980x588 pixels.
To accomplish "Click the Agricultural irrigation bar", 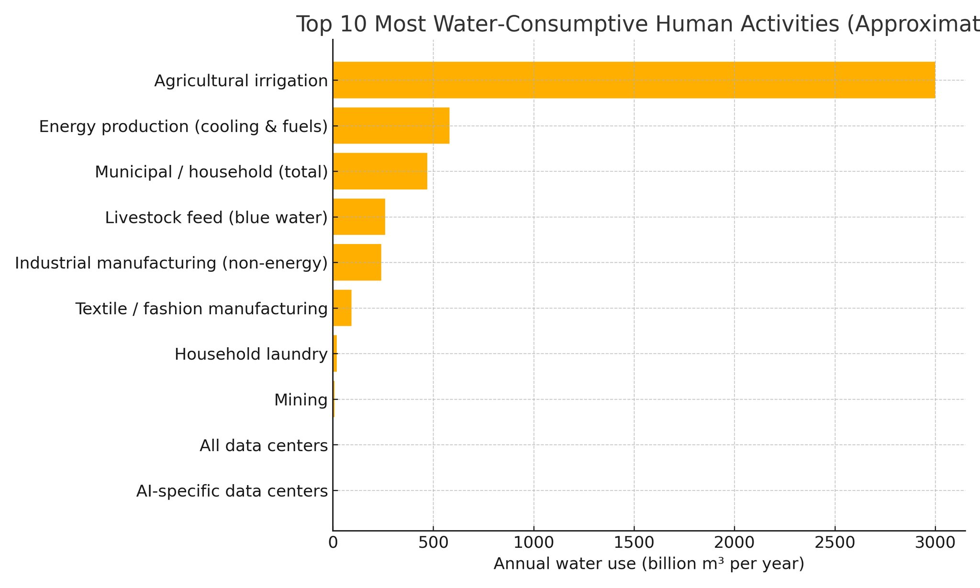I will [x=634, y=80].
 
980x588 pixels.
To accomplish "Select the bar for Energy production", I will [x=391, y=125].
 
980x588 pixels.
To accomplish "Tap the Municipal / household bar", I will [x=380, y=171].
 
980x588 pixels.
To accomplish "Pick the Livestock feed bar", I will [x=359, y=217].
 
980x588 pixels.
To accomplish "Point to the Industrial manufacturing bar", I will [x=357, y=262].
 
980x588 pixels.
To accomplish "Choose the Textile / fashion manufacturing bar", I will [x=342, y=308].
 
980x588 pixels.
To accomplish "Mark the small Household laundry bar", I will [x=335, y=354].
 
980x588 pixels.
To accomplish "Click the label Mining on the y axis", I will [x=301, y=400].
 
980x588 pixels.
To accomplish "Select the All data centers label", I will [x=263, y=446].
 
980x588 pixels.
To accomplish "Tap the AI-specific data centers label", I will [x=232, y=491].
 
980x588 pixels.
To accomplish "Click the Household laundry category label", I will [x=251, y=355].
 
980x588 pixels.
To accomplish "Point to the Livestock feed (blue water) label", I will [x=216, y=218].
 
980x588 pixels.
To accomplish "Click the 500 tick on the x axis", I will [x=433, y=544].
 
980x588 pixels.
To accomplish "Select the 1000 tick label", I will [x=534, y=544].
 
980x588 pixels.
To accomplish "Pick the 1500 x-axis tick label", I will [x=634, y=544].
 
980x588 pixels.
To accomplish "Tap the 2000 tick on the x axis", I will [x=735, y=544].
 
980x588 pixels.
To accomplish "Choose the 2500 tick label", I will [x=835, y=544].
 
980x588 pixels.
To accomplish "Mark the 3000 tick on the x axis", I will [x=935, y=544].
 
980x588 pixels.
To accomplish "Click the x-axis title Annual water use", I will [x=648, y=564].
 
